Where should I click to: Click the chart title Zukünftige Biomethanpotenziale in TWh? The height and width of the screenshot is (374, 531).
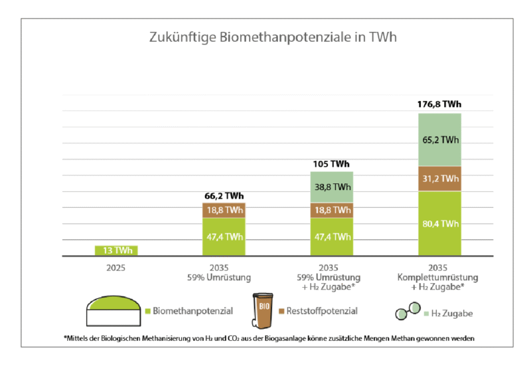pos(272,37)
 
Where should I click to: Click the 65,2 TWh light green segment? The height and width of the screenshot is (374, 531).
pos(439,140)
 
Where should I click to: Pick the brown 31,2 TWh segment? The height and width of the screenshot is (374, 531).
pos(439,179)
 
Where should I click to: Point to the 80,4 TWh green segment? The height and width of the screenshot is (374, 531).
pos(439,223)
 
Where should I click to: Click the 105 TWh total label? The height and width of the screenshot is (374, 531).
pos(331,164)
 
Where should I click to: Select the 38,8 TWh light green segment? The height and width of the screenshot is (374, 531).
pos(331,188)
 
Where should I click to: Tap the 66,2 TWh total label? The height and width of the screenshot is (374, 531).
pos(223,196)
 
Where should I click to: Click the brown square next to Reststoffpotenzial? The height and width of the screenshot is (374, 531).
pos(281,311)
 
